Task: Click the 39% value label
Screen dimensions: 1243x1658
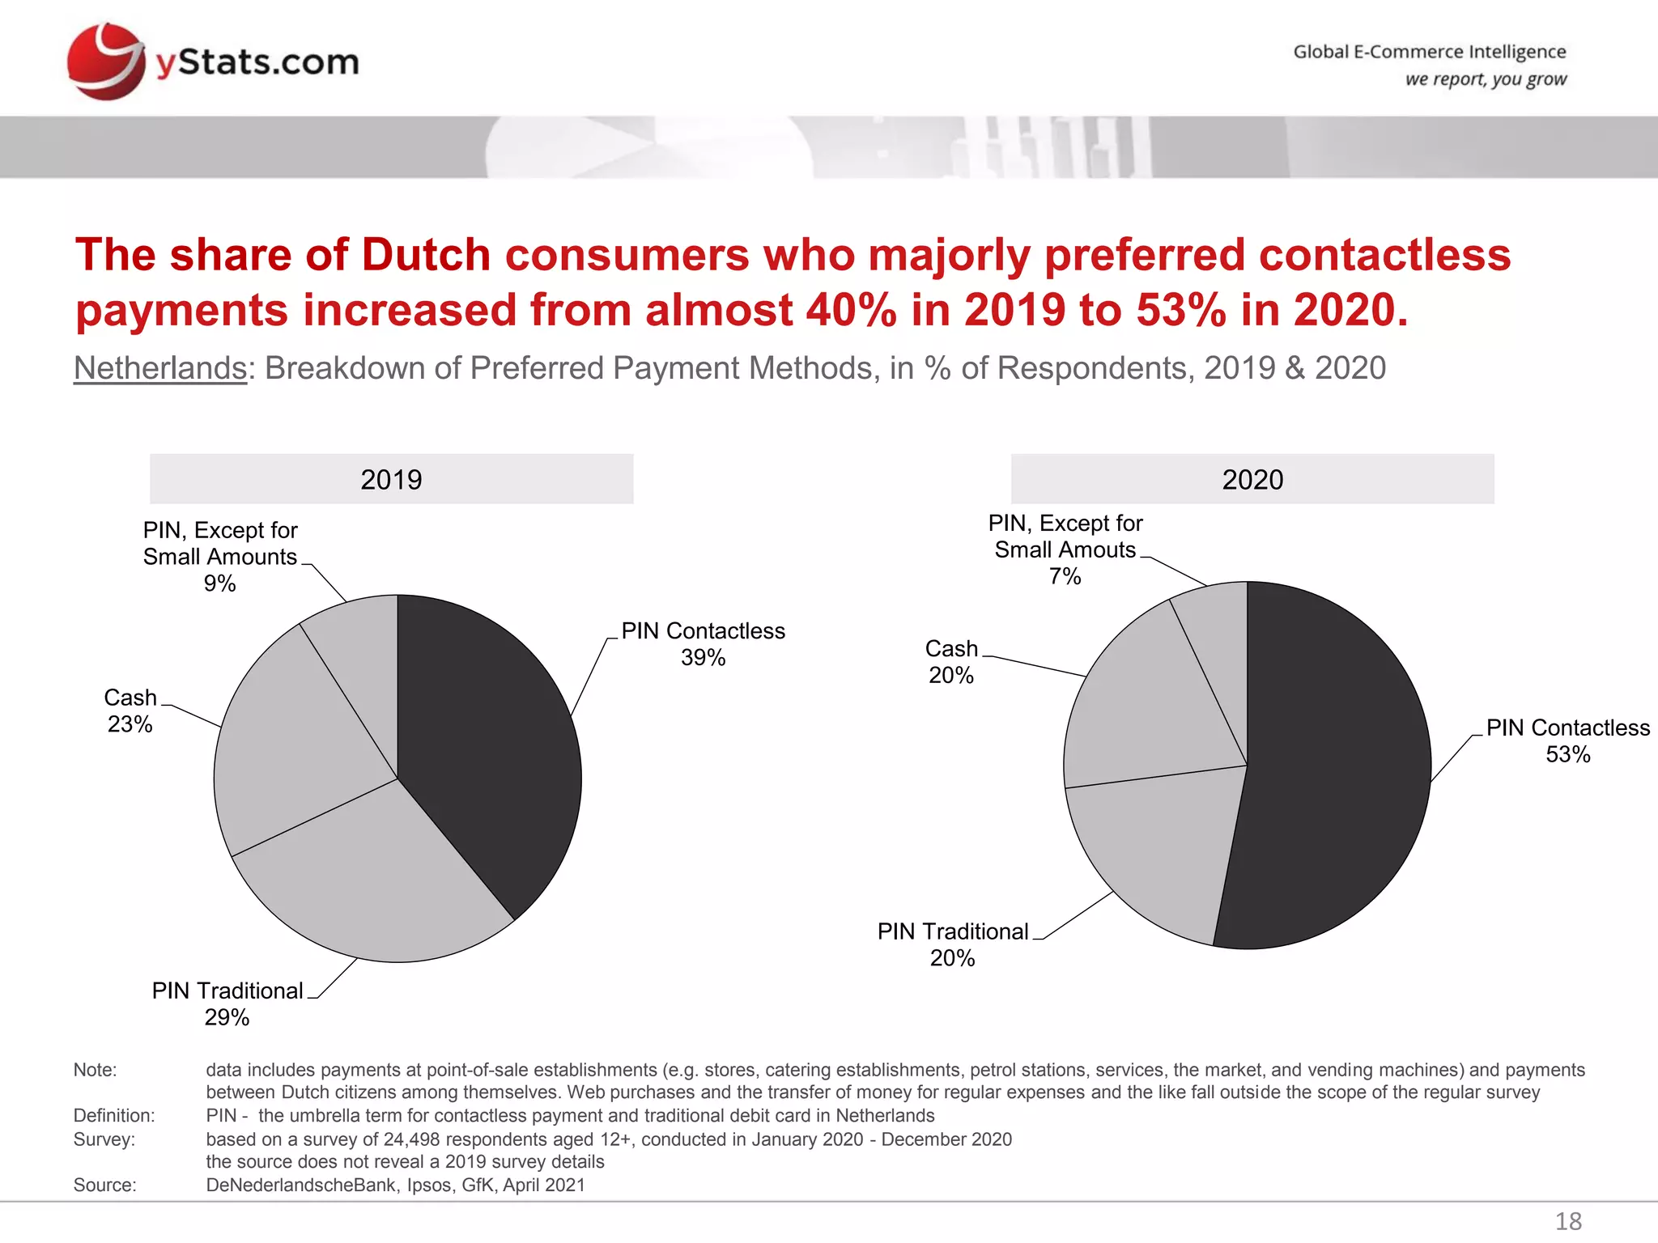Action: click(703, 658)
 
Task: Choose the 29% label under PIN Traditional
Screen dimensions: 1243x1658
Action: click(227, 1017)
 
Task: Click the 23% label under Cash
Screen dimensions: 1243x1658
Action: click(130, 724)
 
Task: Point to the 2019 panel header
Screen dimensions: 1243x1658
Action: click(391, 479)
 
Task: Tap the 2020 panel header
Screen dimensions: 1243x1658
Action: click(1252, 479)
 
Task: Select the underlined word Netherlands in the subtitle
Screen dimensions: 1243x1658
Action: click(160, 368)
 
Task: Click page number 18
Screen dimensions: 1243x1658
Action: click(1568, 1221)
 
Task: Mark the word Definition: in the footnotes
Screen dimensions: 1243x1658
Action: click(114, 1115)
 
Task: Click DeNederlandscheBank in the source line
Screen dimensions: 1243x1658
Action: click(301, 1185)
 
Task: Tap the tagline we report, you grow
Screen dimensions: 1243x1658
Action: click(1486, 79)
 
